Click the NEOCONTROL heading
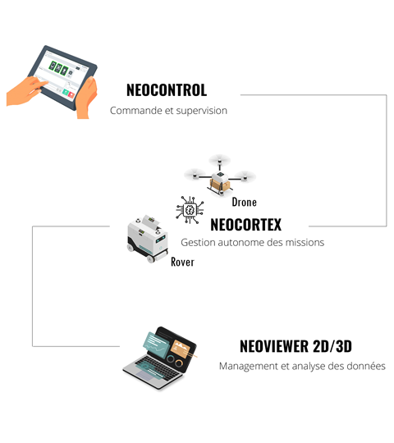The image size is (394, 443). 167,90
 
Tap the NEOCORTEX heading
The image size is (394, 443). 246,225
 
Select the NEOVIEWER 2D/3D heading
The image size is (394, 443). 295,346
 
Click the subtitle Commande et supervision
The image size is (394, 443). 168,111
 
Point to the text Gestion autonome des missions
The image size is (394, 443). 252,242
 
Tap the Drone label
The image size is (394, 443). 245,202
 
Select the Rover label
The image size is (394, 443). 182,262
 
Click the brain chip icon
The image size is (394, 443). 190,210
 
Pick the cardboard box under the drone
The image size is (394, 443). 219,185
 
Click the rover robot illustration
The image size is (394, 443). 148,239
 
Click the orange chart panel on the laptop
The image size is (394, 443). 181,349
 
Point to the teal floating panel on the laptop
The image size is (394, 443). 156,344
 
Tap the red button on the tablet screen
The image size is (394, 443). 71,94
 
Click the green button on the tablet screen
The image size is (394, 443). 66,92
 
